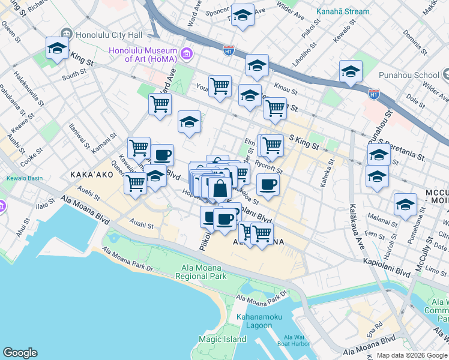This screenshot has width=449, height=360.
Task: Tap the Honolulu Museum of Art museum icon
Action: pos(186,55)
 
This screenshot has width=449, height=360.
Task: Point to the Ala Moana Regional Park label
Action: pos(201,272)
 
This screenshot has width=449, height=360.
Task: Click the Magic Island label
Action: pos(223,340)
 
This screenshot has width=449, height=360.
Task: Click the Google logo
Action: pos(20,353)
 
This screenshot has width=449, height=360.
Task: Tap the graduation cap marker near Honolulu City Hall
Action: pos(57,48)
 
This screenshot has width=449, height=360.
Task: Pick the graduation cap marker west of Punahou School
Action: pos(351,71)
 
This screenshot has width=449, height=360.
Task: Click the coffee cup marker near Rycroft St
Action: pos(268,185)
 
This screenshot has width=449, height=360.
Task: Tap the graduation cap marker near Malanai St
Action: pos(406,204)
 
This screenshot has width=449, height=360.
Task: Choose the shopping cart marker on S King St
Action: pos(270,145)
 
